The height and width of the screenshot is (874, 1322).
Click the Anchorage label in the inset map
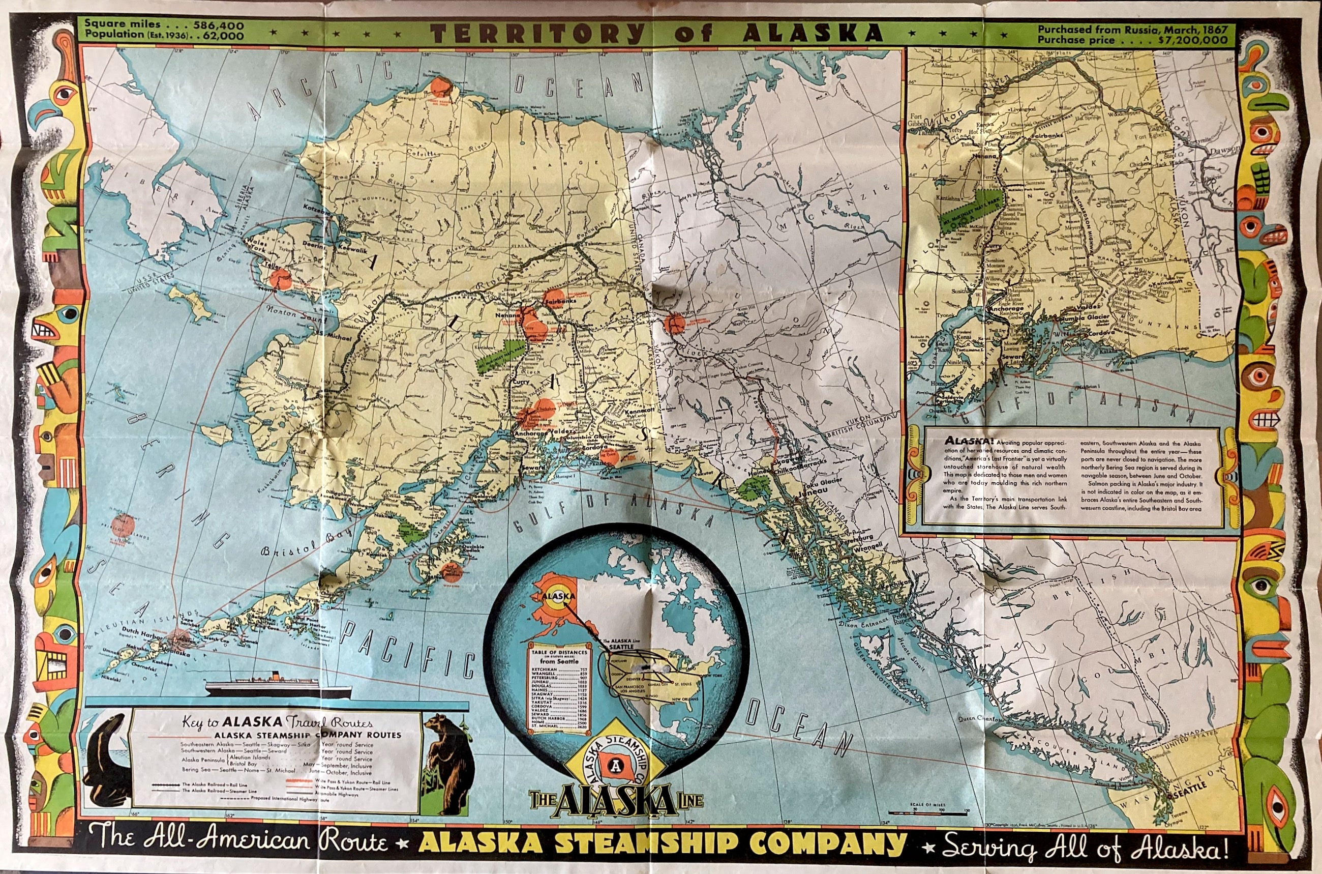1006,308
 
